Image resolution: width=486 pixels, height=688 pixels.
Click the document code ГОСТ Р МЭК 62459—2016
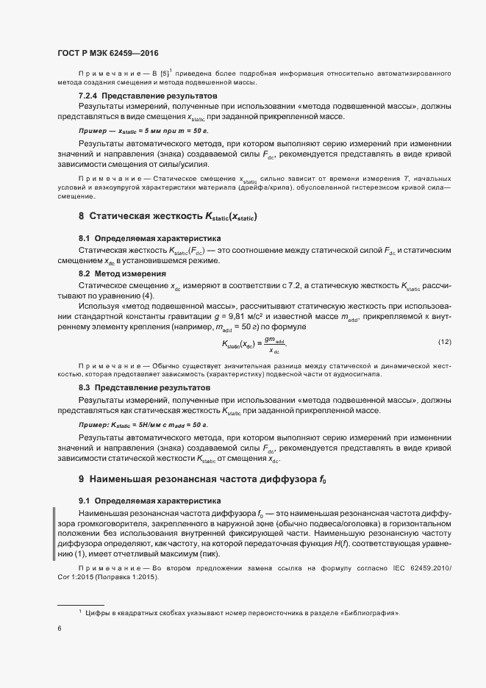coord(108,53)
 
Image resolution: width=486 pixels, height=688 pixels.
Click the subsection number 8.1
coord(85,240)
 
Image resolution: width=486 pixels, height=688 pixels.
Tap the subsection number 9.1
coord(85,501)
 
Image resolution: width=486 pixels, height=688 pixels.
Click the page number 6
coord(60,628)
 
